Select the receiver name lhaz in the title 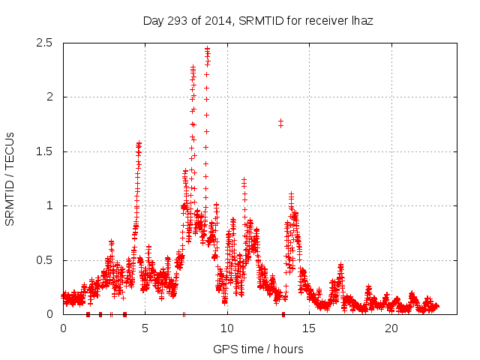click(x=361, y=21)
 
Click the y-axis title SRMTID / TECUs click(x=10, y=178)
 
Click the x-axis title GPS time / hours click(x=258, y=349)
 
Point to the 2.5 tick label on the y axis click(x=46, y=43)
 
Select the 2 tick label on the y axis click(x=50, y=97)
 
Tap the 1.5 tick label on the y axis click(x=46, y=151)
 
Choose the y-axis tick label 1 click(x=50, y=205)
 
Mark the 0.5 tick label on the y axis click(x=46, y=260)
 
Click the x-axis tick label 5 click(x=145, y=328)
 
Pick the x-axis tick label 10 click(x=227, y=328)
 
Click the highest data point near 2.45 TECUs click(x=207, y=49)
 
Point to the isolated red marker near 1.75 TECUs click(x=280, y=122)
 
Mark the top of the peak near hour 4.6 click(x=139, y=143)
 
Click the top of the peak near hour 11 click(x=244, y=179)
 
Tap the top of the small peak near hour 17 click(x=341, y=265)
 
